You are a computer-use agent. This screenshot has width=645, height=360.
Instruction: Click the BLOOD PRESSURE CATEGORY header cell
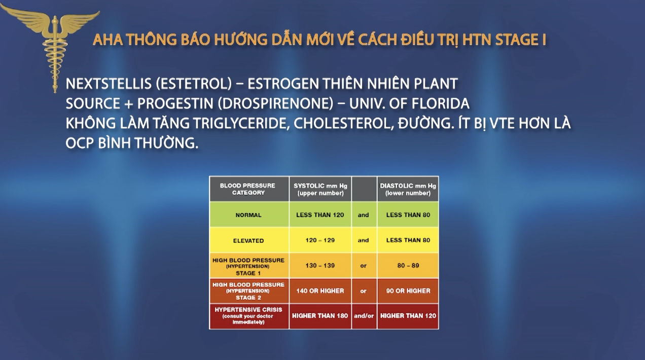[x=248, y=189]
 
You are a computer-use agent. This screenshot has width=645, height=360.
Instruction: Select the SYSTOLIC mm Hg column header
[x=320, y=189]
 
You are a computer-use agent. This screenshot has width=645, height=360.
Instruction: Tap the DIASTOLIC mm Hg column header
[x=408, y=189]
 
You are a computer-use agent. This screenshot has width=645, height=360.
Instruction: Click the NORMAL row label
[x=248, y=215]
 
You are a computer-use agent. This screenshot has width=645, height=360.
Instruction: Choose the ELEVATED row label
[x=248, y=240]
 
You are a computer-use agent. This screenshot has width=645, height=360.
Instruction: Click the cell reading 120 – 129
[x=320, y=240]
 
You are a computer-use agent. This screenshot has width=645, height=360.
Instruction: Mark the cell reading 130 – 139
[x=320, y=266]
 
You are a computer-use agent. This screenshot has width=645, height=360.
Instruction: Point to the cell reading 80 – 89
[x=408, y=266]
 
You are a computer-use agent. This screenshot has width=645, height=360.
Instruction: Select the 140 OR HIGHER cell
[x=320, y=291]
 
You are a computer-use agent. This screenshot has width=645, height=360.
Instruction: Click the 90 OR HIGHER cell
[x=408, y=291]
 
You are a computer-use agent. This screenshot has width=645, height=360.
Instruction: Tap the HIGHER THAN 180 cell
[x=320, y=315]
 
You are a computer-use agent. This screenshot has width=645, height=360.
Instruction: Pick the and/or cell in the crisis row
[x=364, y=315]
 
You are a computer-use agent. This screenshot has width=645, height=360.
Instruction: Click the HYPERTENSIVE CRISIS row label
[x=248, y=315]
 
